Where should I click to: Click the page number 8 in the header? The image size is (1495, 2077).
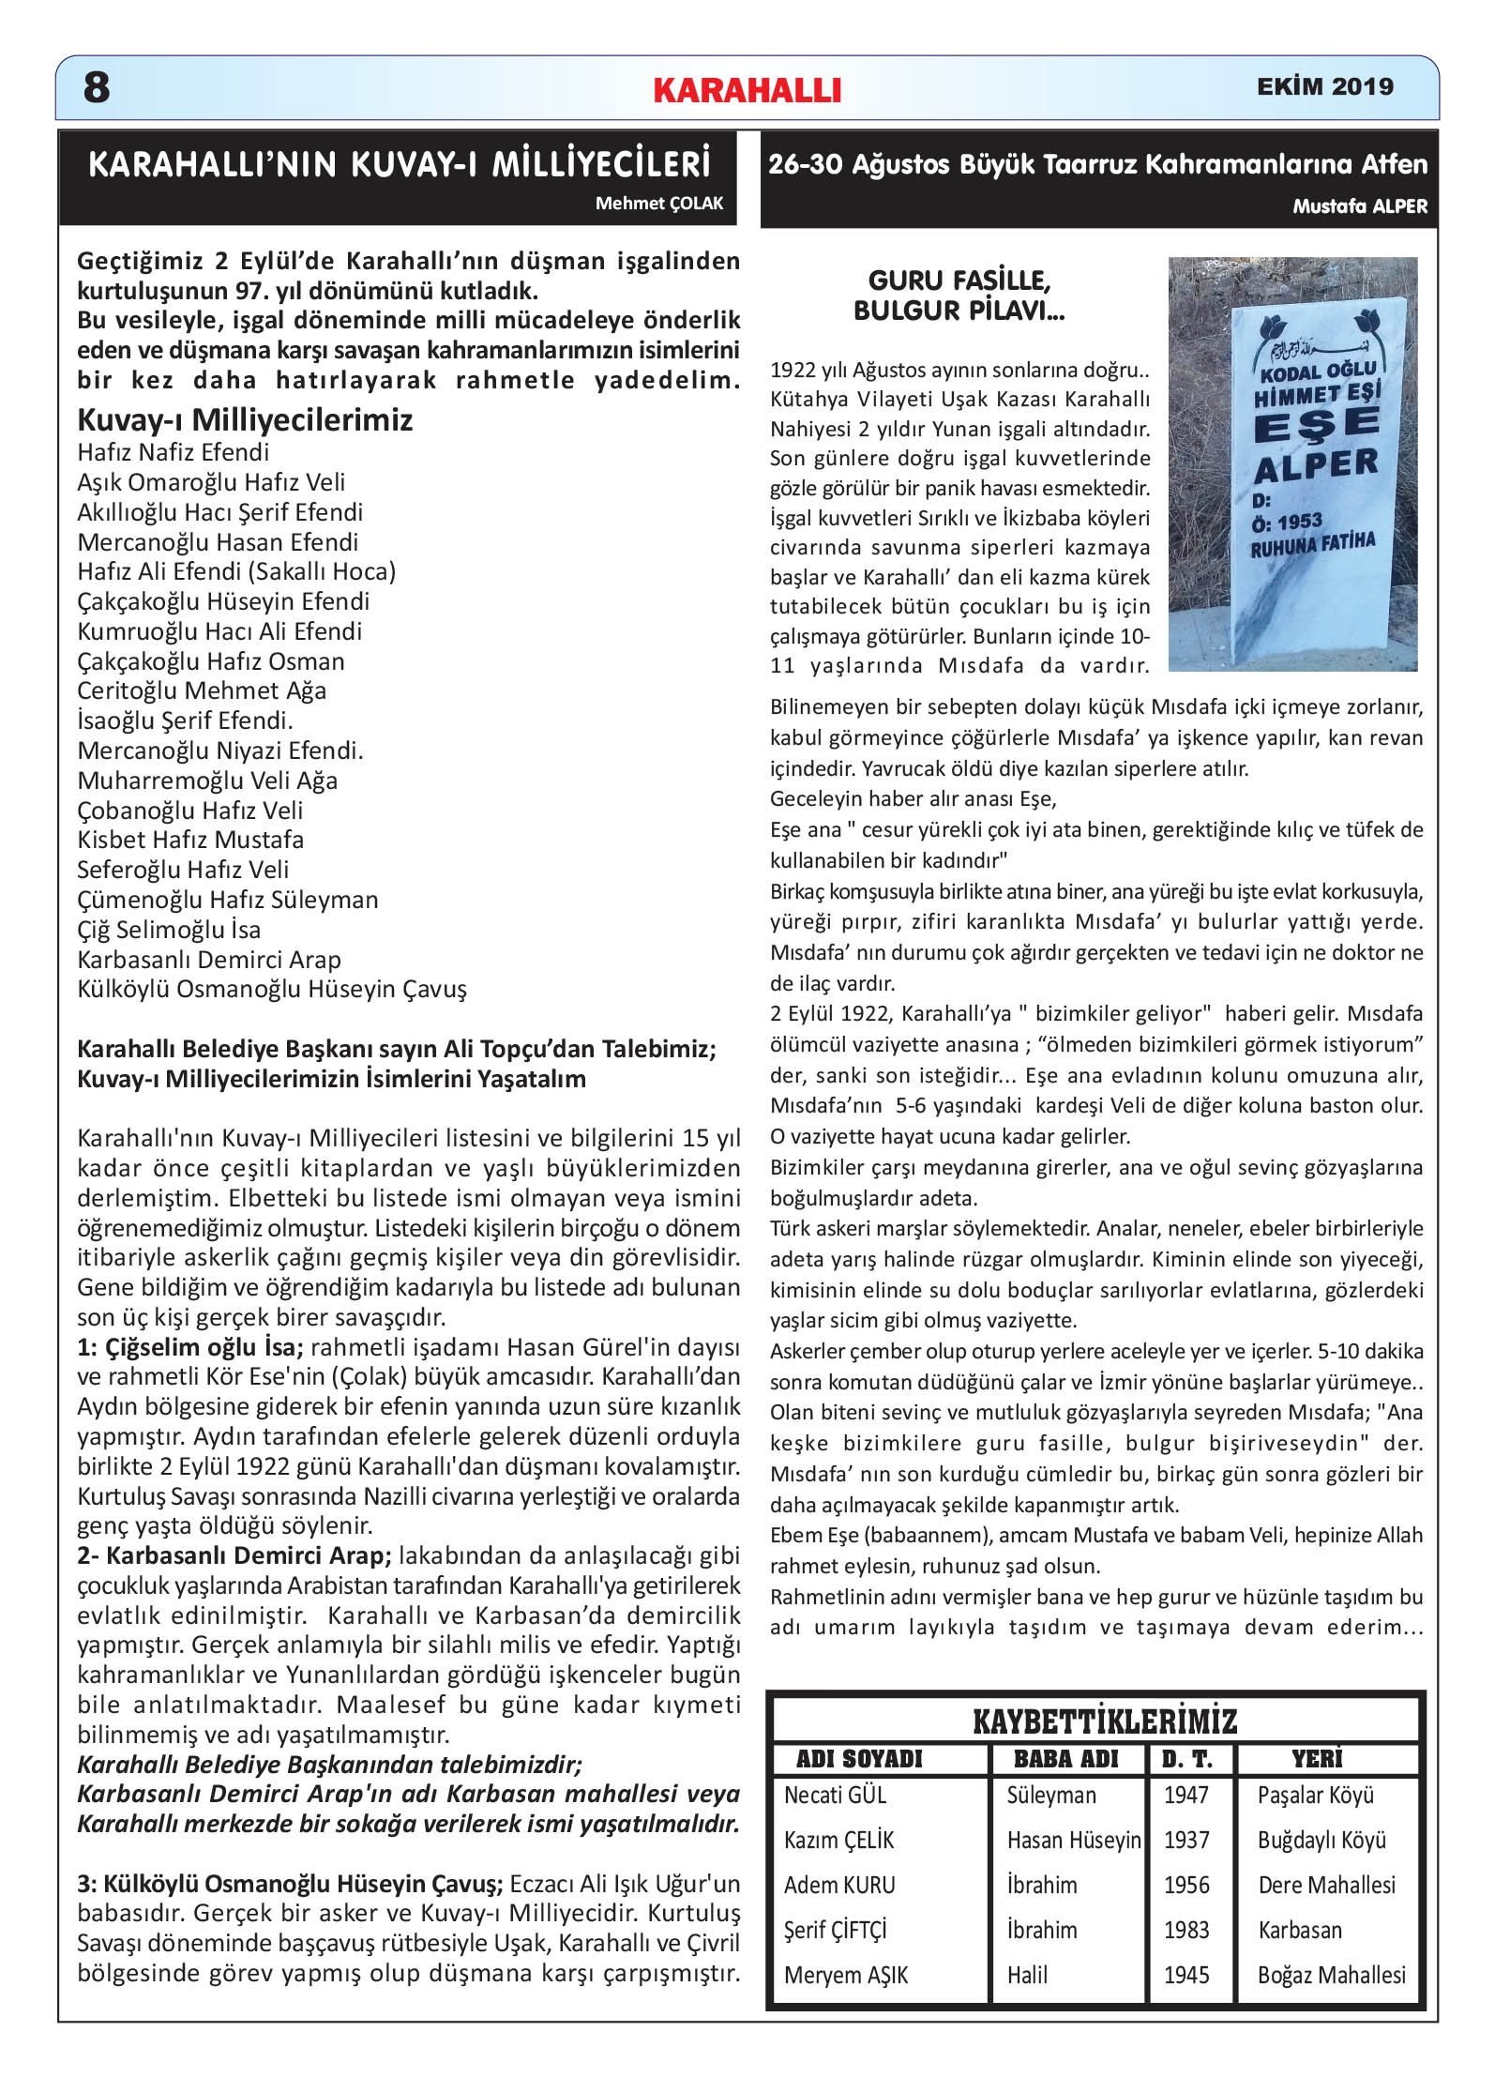(x=97, y=88)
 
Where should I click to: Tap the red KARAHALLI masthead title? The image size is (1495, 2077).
(x=747, y=90)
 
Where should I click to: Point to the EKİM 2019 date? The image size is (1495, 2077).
(x=1324, y=86)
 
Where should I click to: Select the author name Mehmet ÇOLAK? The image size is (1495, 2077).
(x=658, y=204)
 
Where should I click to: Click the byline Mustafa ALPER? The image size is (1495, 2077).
(x=1359, y=206)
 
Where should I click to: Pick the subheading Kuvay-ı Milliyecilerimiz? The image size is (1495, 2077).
(x=245, y=419)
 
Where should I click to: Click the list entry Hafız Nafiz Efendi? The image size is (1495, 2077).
(x=174, y=452)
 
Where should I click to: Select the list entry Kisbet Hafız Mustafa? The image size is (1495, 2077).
(x=190, y=840)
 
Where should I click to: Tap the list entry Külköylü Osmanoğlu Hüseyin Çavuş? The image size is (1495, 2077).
(x=272, y=989)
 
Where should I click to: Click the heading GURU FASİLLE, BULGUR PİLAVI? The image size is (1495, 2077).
(x=959, y=295)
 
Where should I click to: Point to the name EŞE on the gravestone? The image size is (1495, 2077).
(x=1316, y=426)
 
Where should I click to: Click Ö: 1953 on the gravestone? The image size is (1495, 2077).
(x=1287, y=522)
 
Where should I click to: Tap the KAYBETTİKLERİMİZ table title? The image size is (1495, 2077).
(x=1105, y=1721)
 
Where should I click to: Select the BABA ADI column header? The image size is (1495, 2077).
(x=1066, y=1759)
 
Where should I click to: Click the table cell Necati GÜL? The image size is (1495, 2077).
(x=835, y=1796)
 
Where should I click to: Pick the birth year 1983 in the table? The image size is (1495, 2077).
(x=1186, y=1931)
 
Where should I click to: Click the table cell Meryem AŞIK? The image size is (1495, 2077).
(x=846, y=1976)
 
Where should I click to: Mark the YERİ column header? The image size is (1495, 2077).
(x=1317, y=1759)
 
